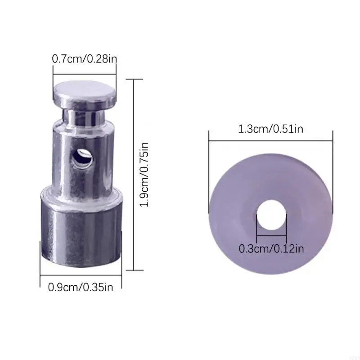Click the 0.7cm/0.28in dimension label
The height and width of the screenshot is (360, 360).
(85, 58)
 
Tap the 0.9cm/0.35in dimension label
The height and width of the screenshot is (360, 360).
(81, 287)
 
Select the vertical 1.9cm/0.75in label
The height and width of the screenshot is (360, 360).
(144, 175)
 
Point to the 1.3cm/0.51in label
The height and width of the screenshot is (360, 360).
(271, 130)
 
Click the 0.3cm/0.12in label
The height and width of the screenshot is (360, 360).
(271, 247)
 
